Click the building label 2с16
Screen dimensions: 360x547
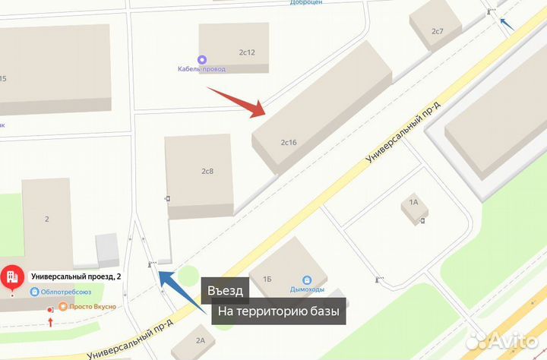coord(288,142)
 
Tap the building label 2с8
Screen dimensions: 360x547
coord(207,171)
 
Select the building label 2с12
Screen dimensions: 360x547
coord(246,52)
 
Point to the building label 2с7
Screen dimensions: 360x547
coord(437,31)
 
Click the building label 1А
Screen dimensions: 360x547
coord(414,202)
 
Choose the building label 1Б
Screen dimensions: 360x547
coord(267,279)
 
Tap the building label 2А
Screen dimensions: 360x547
coord(200,341)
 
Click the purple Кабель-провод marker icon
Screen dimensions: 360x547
coord(201,59)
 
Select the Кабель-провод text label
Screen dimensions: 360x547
coord(201,69)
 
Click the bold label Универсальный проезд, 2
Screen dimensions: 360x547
coord(74,276)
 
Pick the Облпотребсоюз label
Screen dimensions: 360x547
coord(66,292)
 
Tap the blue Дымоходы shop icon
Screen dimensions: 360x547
coord(306,279)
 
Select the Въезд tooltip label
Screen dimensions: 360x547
coord(225,291)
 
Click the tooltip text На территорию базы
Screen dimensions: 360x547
coord(278,311)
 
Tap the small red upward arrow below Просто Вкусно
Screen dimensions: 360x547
coord(51,322)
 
